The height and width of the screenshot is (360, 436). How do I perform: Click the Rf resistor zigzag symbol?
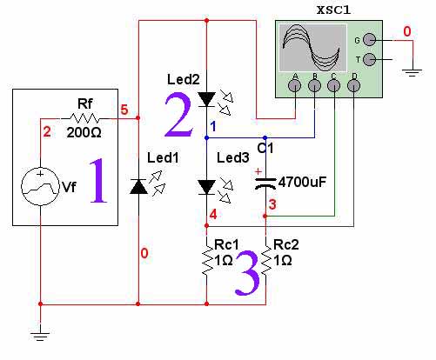click(84, 118)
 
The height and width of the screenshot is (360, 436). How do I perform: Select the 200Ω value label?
click(84, 133)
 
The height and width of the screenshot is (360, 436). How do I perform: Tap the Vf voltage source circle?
click(40, 186)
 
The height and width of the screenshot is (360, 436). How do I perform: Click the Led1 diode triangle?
click(138, 186)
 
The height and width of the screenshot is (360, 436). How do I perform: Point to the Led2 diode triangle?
click(206, 99)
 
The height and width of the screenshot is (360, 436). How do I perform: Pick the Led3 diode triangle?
click(206, 187)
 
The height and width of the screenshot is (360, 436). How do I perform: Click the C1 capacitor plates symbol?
click(265, 183)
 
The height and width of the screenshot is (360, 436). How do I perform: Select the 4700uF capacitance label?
click(302, 182)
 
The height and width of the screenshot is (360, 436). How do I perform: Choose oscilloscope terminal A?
click(294, 85)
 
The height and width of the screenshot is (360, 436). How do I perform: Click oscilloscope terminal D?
click(353, 85)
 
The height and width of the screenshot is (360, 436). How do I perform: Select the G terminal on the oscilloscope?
click(369, 40)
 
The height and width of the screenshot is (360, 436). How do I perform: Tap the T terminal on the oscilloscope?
click(369, 59)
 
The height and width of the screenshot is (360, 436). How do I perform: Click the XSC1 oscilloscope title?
click(333, 10)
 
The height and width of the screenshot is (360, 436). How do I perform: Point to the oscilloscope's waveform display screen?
click(312, 48)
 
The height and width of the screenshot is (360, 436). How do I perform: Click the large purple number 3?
click(247, 273)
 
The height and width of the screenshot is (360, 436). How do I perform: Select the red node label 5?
click(124, 110)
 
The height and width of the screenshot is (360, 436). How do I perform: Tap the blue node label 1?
click(213, 127)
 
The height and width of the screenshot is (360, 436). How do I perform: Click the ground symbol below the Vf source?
click(40, 336)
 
